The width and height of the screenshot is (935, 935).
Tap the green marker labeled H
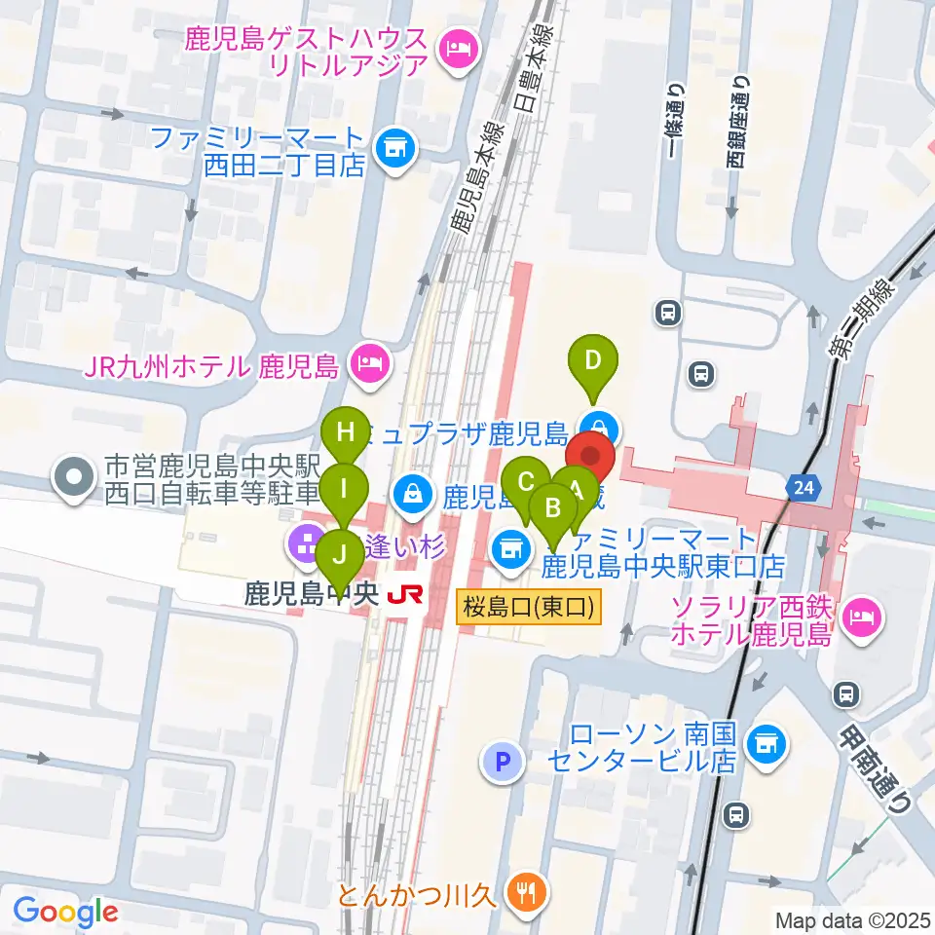tap(346, 431)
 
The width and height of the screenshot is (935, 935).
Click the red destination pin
tap(590, 456)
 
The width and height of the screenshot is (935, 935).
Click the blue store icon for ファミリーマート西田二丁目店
tap(395, 149)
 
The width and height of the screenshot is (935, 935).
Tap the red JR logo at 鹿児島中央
tap(399, 594)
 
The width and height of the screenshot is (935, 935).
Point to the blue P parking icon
tap(503, 762)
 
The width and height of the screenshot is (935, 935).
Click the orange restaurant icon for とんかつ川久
tap(530, 891)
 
